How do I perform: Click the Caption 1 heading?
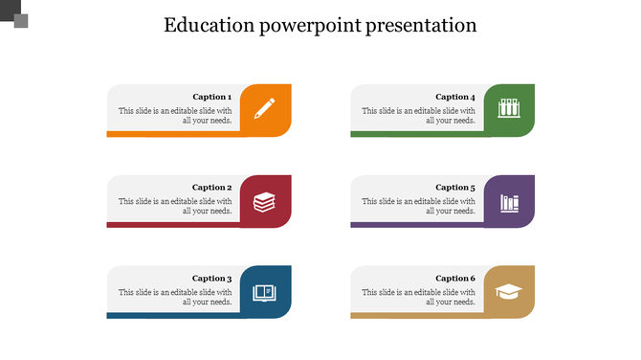(211, 97)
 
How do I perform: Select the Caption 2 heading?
(211, 188)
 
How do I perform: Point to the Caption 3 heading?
(211, 279)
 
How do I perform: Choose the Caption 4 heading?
(454, 97)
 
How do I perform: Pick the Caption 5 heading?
(454, 188)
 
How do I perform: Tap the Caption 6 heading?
(454, 279)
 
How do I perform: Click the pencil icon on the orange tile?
(264, 107)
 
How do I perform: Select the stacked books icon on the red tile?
(264, 202)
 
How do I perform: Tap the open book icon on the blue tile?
(264, 292)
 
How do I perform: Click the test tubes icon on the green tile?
(508, 108)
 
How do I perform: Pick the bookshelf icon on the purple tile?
(508, 203)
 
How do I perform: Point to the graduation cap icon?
(508, 292)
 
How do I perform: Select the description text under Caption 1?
(175, 116)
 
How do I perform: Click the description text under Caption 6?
(418, 297)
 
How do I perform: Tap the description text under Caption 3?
(175, 297)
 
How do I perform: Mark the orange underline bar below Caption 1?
(172, 134)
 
